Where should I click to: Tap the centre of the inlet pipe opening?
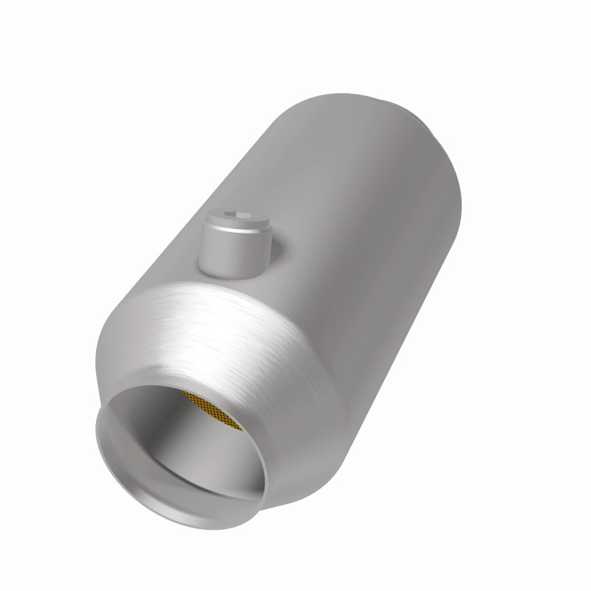pos(181,451)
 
